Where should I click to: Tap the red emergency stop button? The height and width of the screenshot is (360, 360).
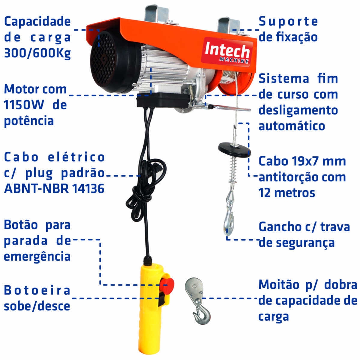coord(167,284)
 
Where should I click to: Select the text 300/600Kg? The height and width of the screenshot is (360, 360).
coord(37,53)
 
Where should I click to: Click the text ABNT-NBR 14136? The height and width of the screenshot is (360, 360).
coord(54,189)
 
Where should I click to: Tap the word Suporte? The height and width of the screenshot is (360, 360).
coord(288,22)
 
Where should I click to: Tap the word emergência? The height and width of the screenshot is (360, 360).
coord(37,257)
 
